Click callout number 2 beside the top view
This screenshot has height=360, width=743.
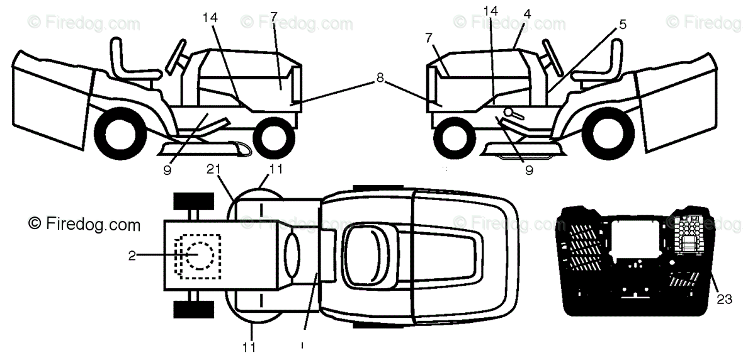[x=132, y=255]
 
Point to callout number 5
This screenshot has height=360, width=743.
[x=622, y=25]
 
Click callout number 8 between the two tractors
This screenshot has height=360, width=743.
[x=380, y=79]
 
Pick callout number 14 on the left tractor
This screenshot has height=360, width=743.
[x=210, y=18]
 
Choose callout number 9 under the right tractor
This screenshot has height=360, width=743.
[x=528, y=169]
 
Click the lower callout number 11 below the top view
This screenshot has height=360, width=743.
[x=250, y=346]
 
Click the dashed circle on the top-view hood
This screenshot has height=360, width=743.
[x=201, y=256]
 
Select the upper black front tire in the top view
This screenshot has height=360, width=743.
[x=191, y=201]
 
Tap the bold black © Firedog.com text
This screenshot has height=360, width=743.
[x=84, y=224]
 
